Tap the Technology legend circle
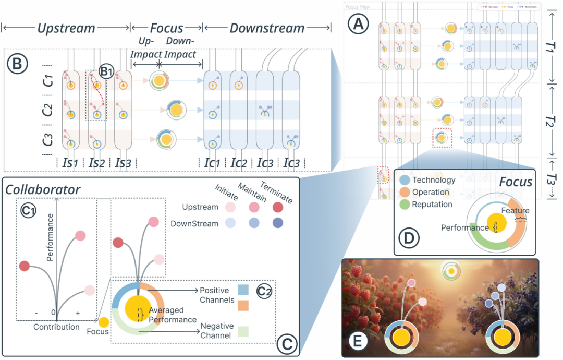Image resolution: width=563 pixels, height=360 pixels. (x=405, y=180)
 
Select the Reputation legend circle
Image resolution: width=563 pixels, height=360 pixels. (x=405, y=204)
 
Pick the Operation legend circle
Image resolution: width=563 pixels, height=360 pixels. (x=405, y=192)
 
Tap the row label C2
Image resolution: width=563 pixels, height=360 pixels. (x=47, y=110)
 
